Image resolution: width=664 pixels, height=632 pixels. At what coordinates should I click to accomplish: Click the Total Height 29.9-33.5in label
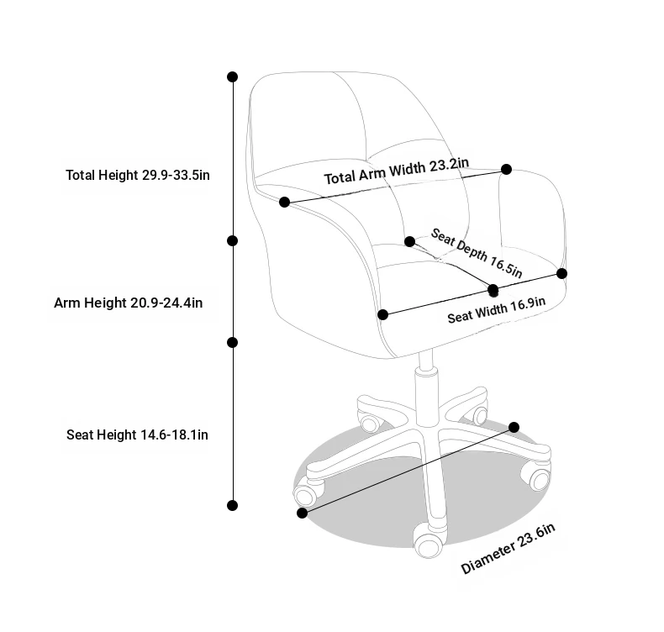point(138,175)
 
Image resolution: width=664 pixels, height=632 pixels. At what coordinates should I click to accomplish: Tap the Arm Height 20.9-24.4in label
point(129,303)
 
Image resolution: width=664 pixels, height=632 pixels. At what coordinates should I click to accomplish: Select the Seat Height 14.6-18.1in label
point(137,434)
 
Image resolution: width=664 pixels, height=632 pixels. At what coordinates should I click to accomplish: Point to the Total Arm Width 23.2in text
point(397,171)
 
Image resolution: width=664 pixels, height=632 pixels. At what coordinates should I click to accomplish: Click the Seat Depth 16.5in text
point(477,253)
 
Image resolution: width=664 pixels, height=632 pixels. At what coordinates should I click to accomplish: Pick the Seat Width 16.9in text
point(496,310)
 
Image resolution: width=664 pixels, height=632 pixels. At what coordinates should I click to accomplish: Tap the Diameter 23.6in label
point(508,549)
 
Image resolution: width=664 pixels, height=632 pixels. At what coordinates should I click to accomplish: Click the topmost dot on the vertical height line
point(233,76)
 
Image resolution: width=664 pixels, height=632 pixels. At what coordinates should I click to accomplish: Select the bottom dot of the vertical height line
point(233,505)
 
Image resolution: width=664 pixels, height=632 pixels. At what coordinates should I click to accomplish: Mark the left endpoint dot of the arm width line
point(285,202)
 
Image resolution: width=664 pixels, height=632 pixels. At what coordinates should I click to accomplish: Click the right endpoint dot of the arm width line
point(506,169)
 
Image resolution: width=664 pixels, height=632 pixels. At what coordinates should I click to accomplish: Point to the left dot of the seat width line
point(382,314)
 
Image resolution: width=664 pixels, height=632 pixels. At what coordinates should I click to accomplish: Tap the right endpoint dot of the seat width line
point(562,273)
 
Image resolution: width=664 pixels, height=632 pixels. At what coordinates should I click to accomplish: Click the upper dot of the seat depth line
point(409,241)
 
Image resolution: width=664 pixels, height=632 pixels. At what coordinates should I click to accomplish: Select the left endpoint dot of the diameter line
point(302,513)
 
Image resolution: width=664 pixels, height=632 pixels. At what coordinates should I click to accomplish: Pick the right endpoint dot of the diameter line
point(514,427)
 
